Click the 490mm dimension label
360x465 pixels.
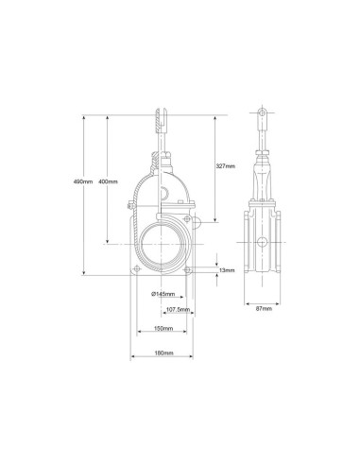[83, 181]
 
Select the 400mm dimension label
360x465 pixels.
[108, 181]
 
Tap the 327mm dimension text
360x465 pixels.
[226, 166]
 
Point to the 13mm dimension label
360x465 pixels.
[227, 270]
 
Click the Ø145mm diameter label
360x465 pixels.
[163, 294]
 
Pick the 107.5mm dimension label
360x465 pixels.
[178, 310]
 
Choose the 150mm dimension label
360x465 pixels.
[163, 329]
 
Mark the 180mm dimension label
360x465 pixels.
[163, 353]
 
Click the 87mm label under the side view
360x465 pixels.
[264, 309]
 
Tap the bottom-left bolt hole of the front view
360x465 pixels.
[137, 269]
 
